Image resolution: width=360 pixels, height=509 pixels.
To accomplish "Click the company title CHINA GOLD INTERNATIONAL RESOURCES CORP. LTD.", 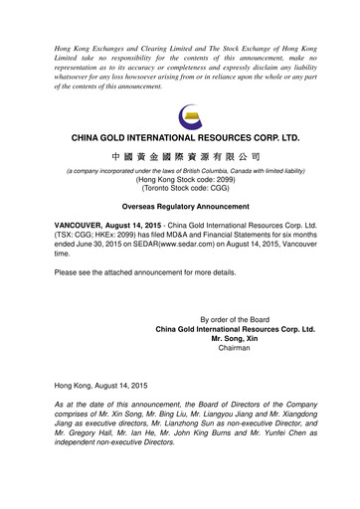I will [x=180, y=136].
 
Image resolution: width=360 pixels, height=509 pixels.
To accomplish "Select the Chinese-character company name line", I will [x=180, y=157].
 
